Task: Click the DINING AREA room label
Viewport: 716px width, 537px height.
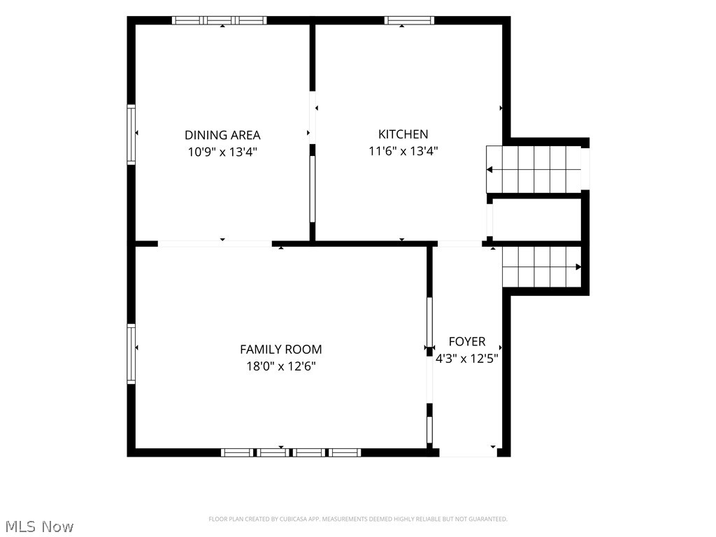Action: pyautogui.click(x=222, y=135)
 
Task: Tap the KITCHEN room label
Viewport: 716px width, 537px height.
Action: pyautogui.click(x=403, y=134)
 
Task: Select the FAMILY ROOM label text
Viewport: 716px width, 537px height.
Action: pyautogui.click(x=281, y=350)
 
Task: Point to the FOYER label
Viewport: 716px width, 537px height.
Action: pyautogui.click(x=466, y=341)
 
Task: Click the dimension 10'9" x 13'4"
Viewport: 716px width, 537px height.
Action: pyautogui.click(x=222, y=152)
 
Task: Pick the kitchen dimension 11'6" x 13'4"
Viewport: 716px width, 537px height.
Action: pyautogui.click(x=403, y=151)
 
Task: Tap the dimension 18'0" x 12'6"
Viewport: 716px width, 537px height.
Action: pyautogui.click(x=281, y=366)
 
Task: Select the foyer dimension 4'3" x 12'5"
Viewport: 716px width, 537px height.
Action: pyautogui.click(x=466, y=359)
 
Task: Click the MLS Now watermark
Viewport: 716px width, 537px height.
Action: pyautogui.click(x=39, y=527)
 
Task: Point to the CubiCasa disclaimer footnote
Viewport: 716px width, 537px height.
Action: pyautogui.click(x=358, y=520)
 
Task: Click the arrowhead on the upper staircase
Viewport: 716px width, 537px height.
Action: pyautogui.click(x=489, y=170)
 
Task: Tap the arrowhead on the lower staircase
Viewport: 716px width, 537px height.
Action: pyautogui.click(x=578, y=267)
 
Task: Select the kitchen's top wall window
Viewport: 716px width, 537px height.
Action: pyautogui.click(x=409, y=20)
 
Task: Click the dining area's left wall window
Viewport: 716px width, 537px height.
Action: pyautogui.click(x=131, y=134)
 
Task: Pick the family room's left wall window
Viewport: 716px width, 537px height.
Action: pyautogui.click(x=131, y=353)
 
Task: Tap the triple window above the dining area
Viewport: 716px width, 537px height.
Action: pyautogui.click(x=219, y=20)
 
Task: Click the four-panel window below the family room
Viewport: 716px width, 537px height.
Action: pyautogui.click(x=291, y=452)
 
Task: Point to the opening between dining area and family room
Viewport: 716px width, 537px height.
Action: pyautogui.click(x=215, y=244)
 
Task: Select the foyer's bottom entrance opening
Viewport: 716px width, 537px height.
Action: pyautogui.click(x=468, y=452)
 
